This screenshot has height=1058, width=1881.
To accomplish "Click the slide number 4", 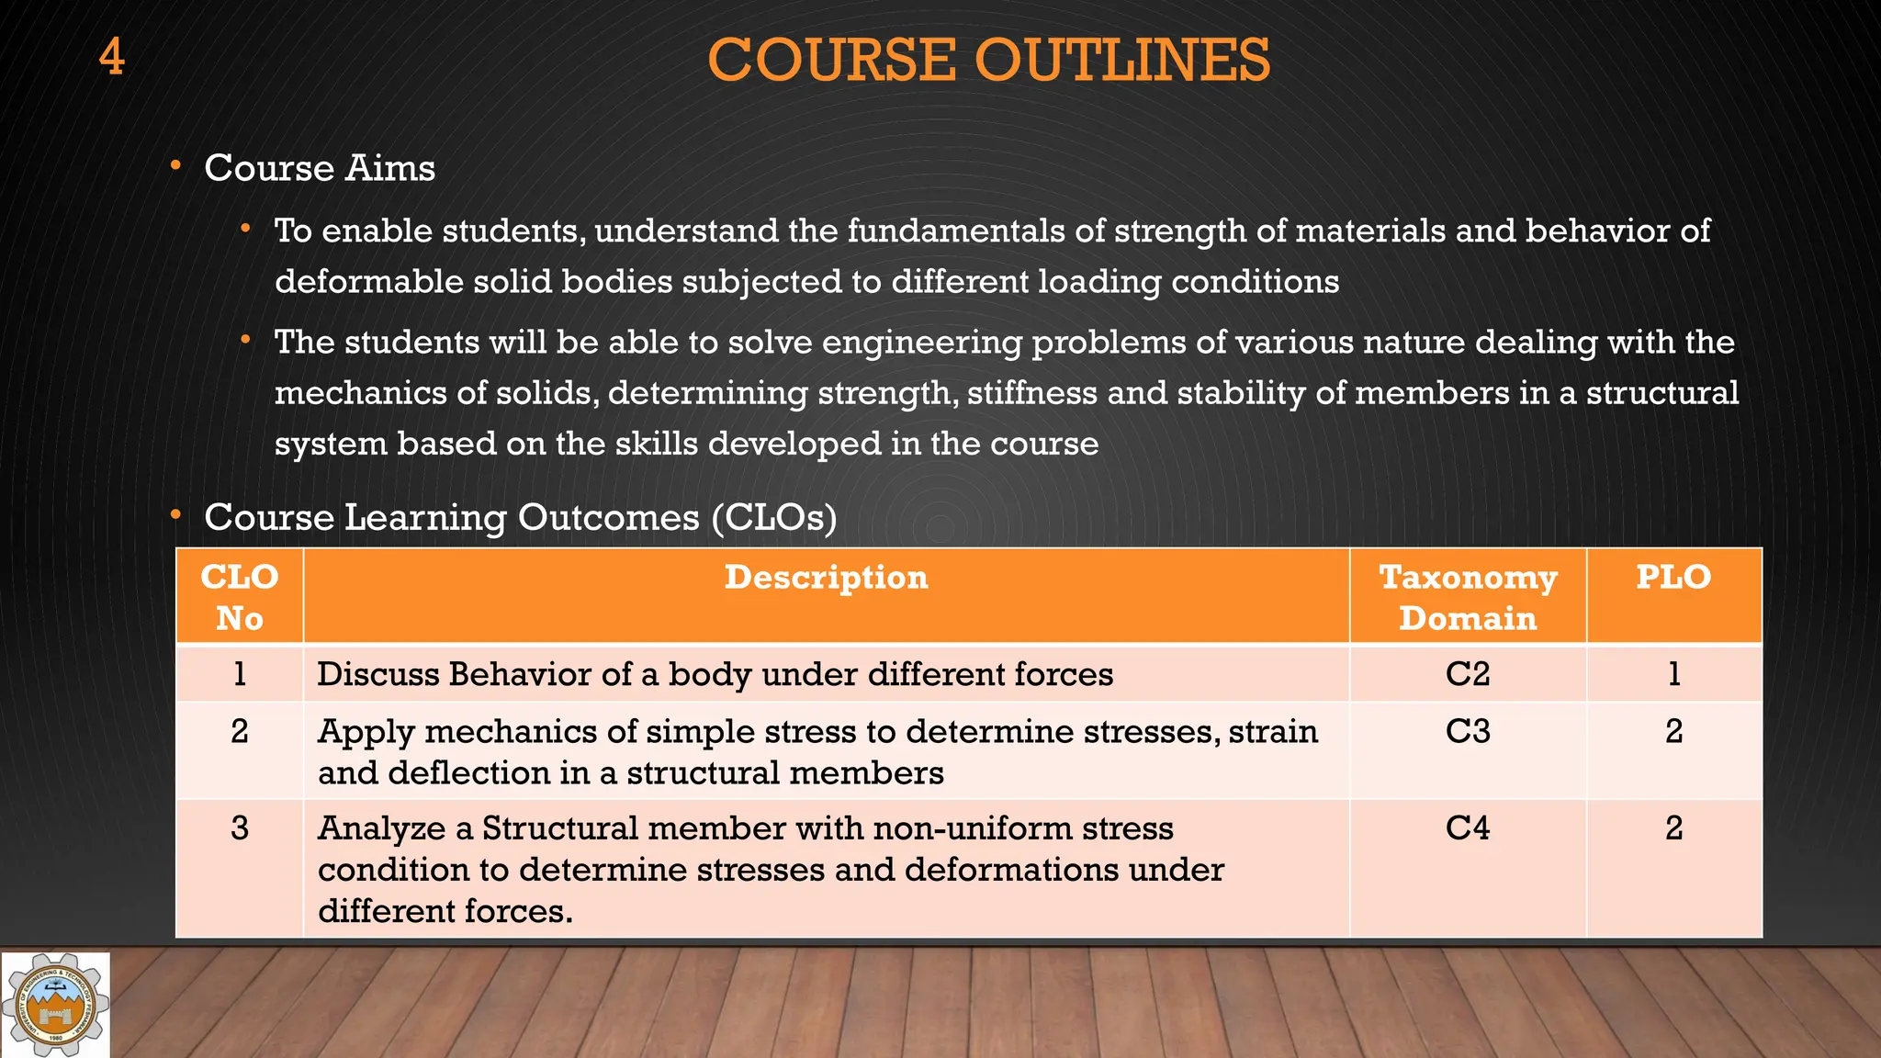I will (111, 57).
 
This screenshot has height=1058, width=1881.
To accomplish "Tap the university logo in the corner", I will (56, 1006).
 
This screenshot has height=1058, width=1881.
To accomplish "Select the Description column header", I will (826, 578).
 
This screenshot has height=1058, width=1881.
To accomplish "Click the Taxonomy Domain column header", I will (1467, 597).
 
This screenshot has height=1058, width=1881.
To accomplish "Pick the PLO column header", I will (1673, 578).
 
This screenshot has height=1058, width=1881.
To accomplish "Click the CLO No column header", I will (240, 597).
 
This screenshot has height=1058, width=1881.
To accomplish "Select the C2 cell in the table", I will (1467, 674).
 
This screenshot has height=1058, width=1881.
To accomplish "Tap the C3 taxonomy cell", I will (1467, 732).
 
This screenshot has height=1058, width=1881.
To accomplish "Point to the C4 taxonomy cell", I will (1467, 828).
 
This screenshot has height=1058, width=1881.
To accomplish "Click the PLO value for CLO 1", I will (1673, 674).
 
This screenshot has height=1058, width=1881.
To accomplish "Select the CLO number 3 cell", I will (240, 828).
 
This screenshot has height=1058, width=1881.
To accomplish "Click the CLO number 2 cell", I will (240, 732).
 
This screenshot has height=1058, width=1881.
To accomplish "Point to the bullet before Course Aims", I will (175, 166).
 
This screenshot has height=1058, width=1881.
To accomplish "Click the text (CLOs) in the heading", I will (773, 518).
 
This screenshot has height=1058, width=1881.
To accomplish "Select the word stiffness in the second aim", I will (1031, 393).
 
